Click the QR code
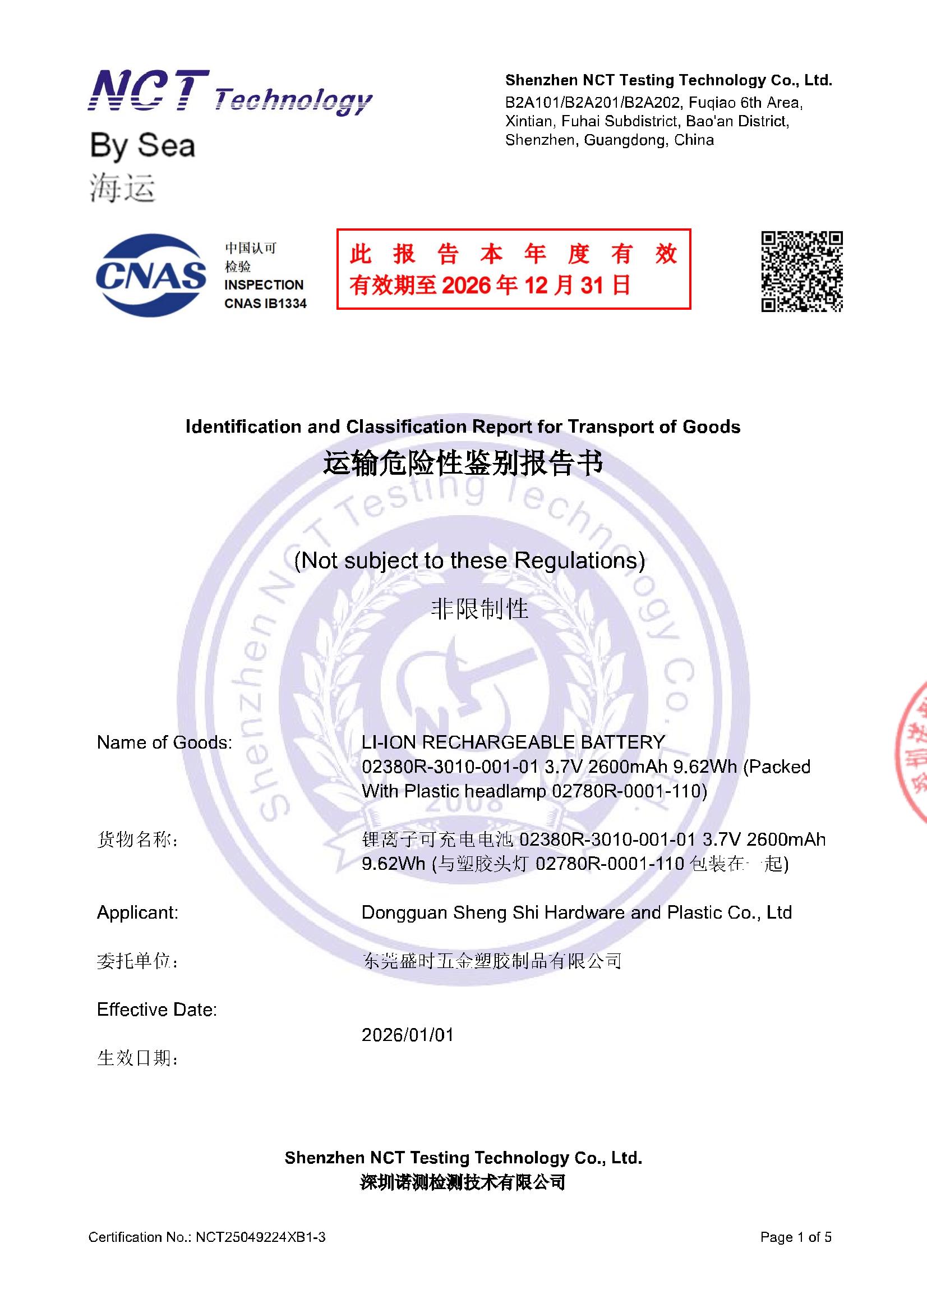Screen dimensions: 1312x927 point(801,272)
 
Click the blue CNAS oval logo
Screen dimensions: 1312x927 point(151,276)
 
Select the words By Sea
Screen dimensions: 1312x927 point(143,146)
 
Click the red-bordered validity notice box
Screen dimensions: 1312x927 point(513,269)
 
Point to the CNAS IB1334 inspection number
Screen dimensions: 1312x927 point(265,304)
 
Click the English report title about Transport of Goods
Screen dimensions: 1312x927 point(463,427)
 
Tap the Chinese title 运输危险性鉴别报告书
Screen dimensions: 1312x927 point(463,463)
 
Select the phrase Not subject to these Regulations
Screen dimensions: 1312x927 point(469,560)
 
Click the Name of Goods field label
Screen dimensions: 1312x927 point(164,742)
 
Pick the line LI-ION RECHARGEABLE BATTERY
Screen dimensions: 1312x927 point(513,742)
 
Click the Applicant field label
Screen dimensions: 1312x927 point(137,912)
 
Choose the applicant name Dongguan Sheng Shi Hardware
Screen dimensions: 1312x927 point(577,912)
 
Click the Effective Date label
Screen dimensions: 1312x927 point(157,1010)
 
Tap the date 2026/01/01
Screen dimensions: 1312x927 point(407,1035)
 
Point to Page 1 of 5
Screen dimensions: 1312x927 point(796,1237)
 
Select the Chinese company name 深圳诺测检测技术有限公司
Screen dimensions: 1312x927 point(463,1182)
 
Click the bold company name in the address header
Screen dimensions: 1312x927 point(668,81)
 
